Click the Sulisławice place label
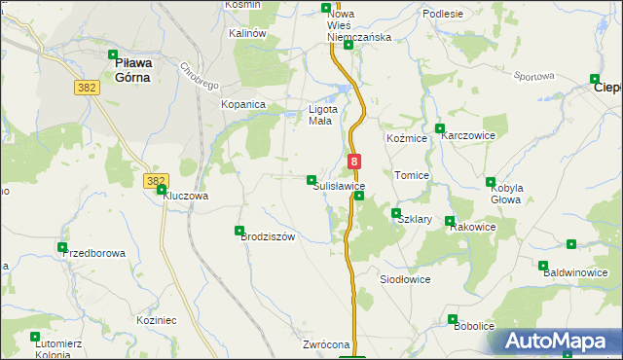point(339,185)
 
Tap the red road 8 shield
point(354,162)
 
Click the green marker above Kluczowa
point(162,190)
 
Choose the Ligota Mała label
point(320,115)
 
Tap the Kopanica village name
point(243,104)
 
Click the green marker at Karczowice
point(440,128)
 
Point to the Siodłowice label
point(404,278)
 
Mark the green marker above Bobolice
point(453,318)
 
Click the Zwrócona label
point(326,345)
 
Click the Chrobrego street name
point(198,77)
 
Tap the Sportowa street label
point(533,76)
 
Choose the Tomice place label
point(412,175)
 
